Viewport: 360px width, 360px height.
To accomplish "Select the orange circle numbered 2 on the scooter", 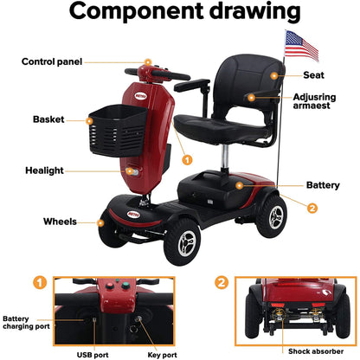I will [x=312, y=207].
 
